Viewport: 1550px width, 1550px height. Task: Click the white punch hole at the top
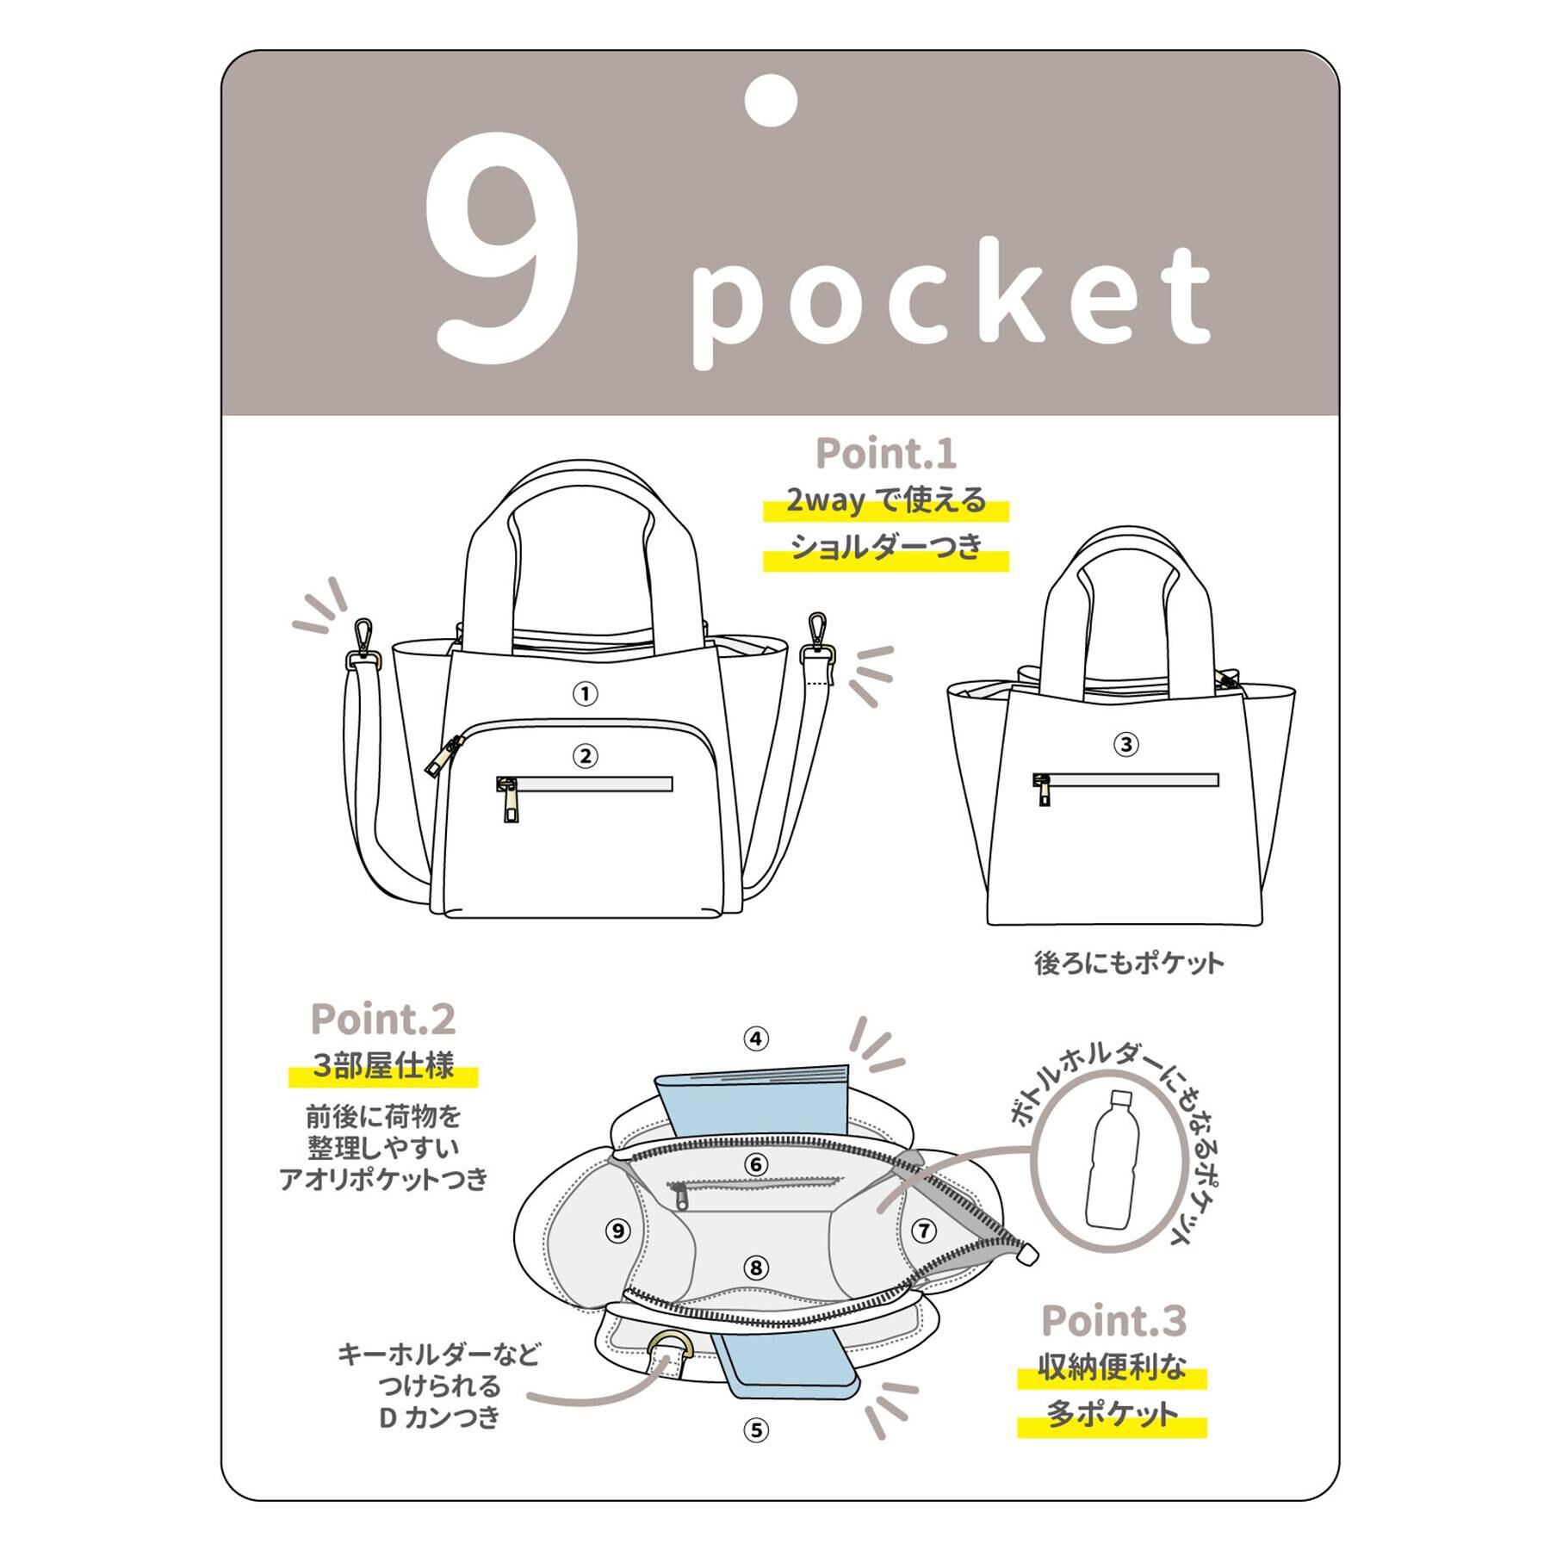click(x=771, y=101)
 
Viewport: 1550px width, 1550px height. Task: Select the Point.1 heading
click(x=886, y=453)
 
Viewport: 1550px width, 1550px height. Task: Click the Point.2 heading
click(x=382, y=1019)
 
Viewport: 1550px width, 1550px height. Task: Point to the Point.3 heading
click(x=1113, y=1320)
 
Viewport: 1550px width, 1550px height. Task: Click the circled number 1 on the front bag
click(x=586, y=694)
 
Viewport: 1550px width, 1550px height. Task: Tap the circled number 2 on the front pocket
click(x=586, y=756)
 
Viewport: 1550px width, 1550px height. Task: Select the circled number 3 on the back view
click(x=1126, y=745)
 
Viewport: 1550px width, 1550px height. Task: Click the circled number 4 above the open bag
click(x=756, y=1039)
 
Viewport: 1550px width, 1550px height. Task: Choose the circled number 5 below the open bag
click(x=756, y=1430)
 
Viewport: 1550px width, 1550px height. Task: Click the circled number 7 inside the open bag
click(x=924, y=1231)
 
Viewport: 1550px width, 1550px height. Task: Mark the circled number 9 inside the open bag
click(x=617, y=1231)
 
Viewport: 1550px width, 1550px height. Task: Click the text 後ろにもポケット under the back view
click(x=1129, y=963)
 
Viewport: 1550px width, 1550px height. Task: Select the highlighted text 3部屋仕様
click(x=382, y=1066)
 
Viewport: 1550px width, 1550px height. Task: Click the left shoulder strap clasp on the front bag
click(x=366, y=644)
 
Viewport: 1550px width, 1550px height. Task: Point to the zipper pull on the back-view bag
click(x=1044, y=790)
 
